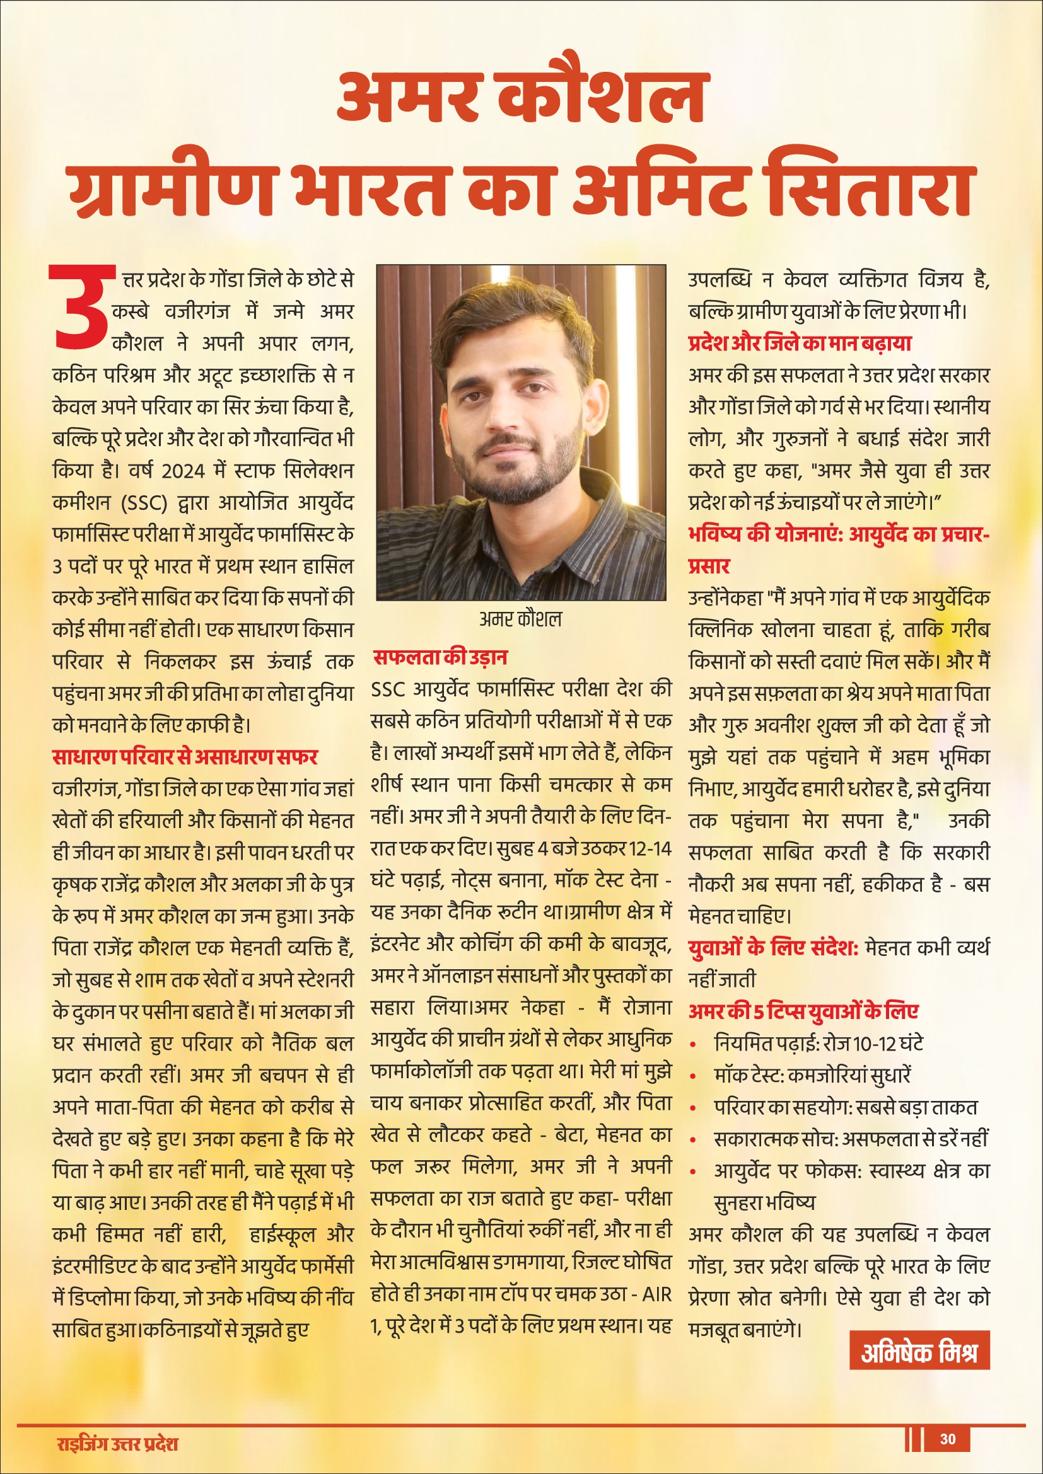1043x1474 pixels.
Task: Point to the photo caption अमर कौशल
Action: [x=520, y=619]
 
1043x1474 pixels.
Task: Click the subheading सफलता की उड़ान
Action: [x=440, y=657]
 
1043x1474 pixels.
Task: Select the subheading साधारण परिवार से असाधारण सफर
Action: [x=185, y=756]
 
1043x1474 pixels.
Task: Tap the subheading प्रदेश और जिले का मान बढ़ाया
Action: [x=800, y=343]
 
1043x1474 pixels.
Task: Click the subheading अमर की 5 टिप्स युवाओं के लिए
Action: [x=803, y=1012]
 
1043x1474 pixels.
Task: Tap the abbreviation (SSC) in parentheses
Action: [x=143, y=503]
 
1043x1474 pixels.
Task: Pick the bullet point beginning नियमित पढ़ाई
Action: [x=819, y=1044]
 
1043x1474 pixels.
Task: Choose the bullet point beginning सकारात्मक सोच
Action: [x=850, y=1139]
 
